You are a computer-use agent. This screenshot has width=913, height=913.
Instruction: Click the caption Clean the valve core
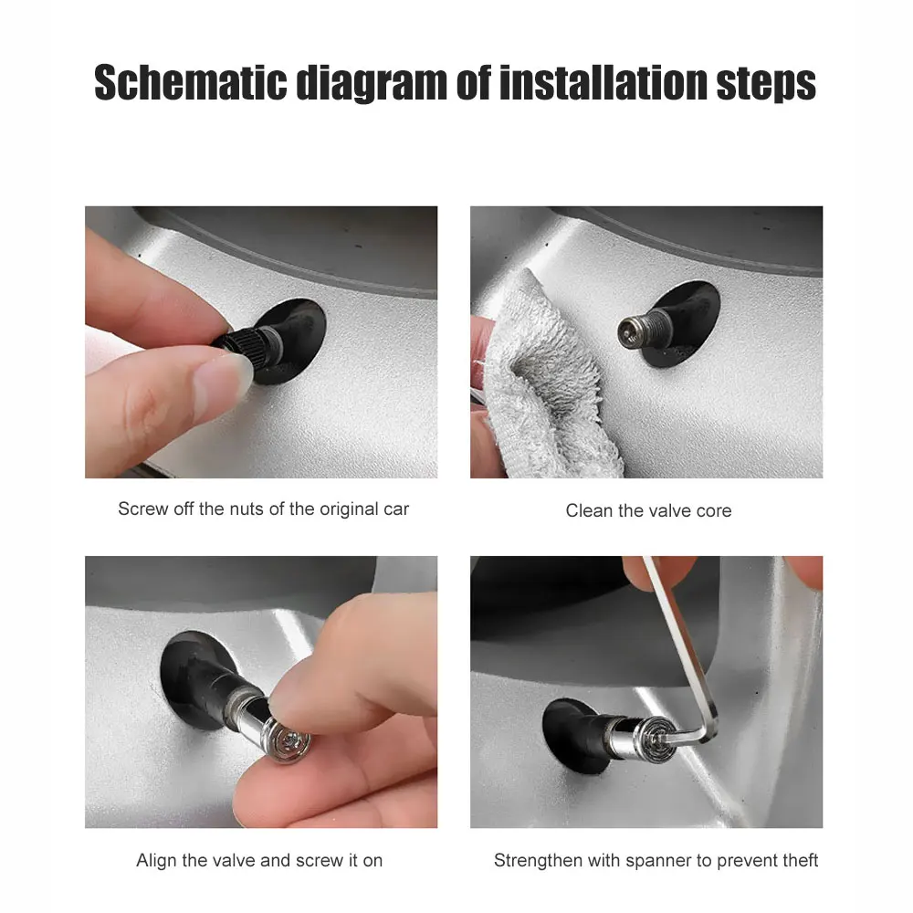pyautogui.click(x=648, y=510)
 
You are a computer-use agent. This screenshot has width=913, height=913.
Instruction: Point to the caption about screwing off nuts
pyautogui.click(x=263, y=509)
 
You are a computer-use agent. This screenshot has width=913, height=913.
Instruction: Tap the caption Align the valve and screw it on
pyautogui.click(x=259, y=860)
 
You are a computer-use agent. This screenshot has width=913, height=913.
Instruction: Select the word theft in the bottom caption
pyautogui.click(x=798, y=860)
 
